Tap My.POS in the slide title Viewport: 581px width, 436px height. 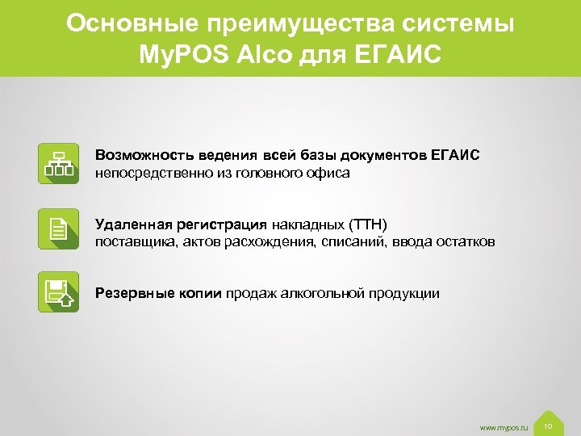coord(184,57)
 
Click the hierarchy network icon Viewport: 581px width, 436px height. coord(58,164)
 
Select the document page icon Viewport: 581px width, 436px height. coord(58,228)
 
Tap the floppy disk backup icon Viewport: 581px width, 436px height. coord(58,292)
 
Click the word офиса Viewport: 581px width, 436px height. coord(330,173)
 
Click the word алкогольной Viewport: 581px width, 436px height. coord(321,292)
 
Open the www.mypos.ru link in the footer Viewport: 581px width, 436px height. coord(504,426)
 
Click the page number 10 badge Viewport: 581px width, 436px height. coord(548,425)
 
